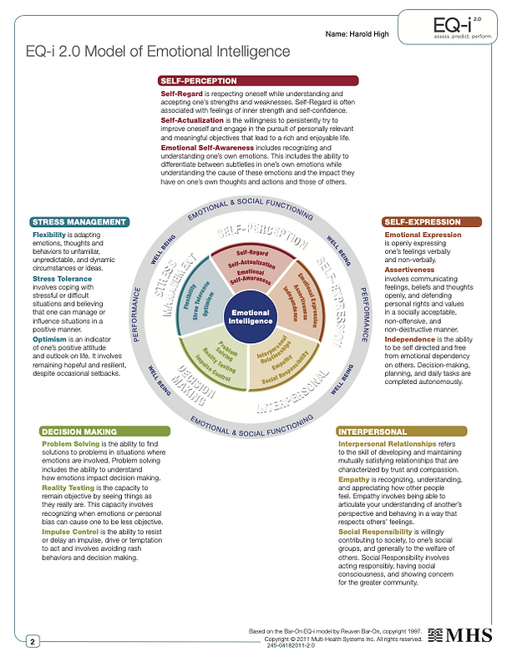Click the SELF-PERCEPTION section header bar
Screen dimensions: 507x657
point(258,80)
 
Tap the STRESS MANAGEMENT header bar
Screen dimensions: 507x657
point(79,222)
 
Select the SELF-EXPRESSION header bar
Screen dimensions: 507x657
point(431,222)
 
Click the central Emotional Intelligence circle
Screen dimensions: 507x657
point(253,315)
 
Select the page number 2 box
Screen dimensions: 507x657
point(33,641)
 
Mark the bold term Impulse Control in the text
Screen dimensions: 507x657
point(70,532)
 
